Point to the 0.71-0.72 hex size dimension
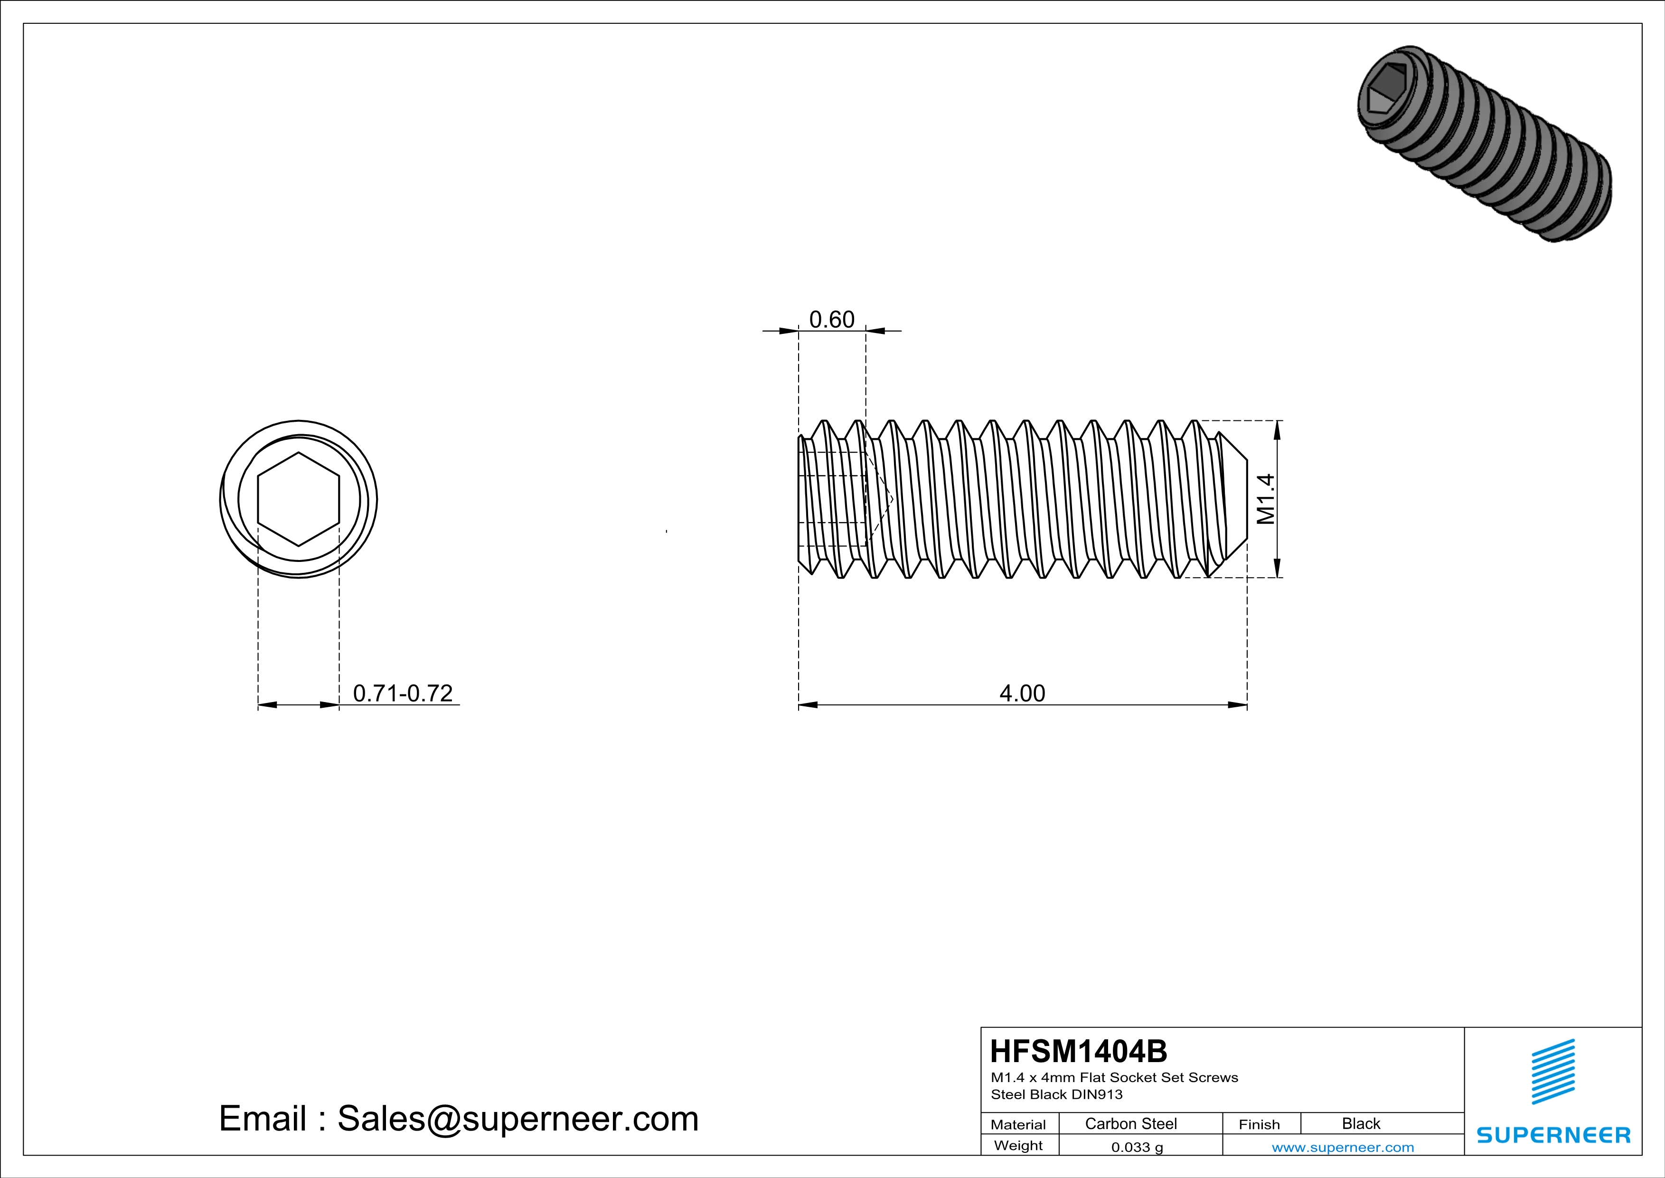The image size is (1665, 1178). tap(403, 693)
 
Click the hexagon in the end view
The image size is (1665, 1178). tap(298, 499)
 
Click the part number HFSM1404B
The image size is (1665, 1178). tap(1078, 1051)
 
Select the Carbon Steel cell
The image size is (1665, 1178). tap(1130, 1123)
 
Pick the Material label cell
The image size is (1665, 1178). tap(1018, 1124)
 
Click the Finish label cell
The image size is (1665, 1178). tap(1259, 1124)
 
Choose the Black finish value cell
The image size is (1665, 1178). tap(1360, 1123)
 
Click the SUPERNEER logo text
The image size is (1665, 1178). tap(1553, 1135)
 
